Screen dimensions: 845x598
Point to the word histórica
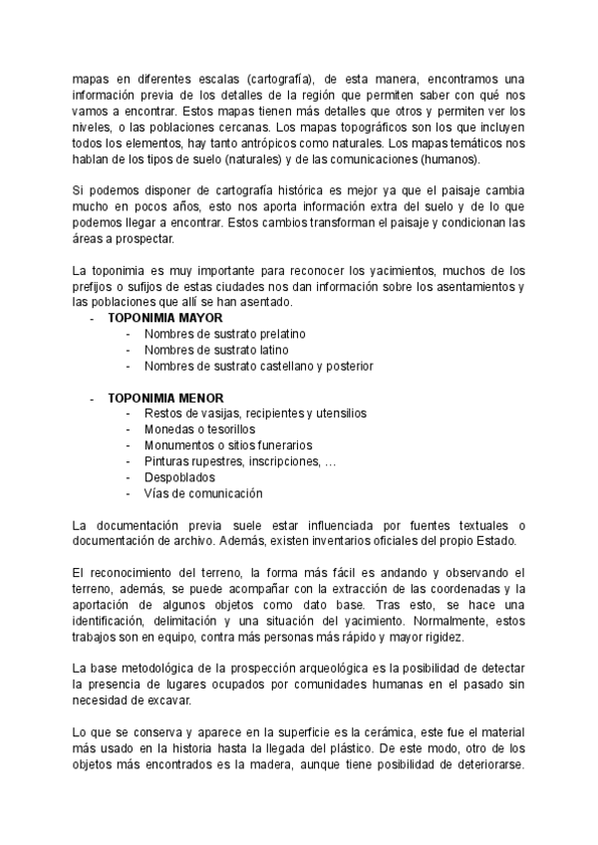(x=285, y=190)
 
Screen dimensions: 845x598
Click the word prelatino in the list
(x=278, y=334)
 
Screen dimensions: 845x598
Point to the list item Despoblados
(x=179, y=477)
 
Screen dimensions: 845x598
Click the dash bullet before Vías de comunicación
(x=128, y=493)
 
